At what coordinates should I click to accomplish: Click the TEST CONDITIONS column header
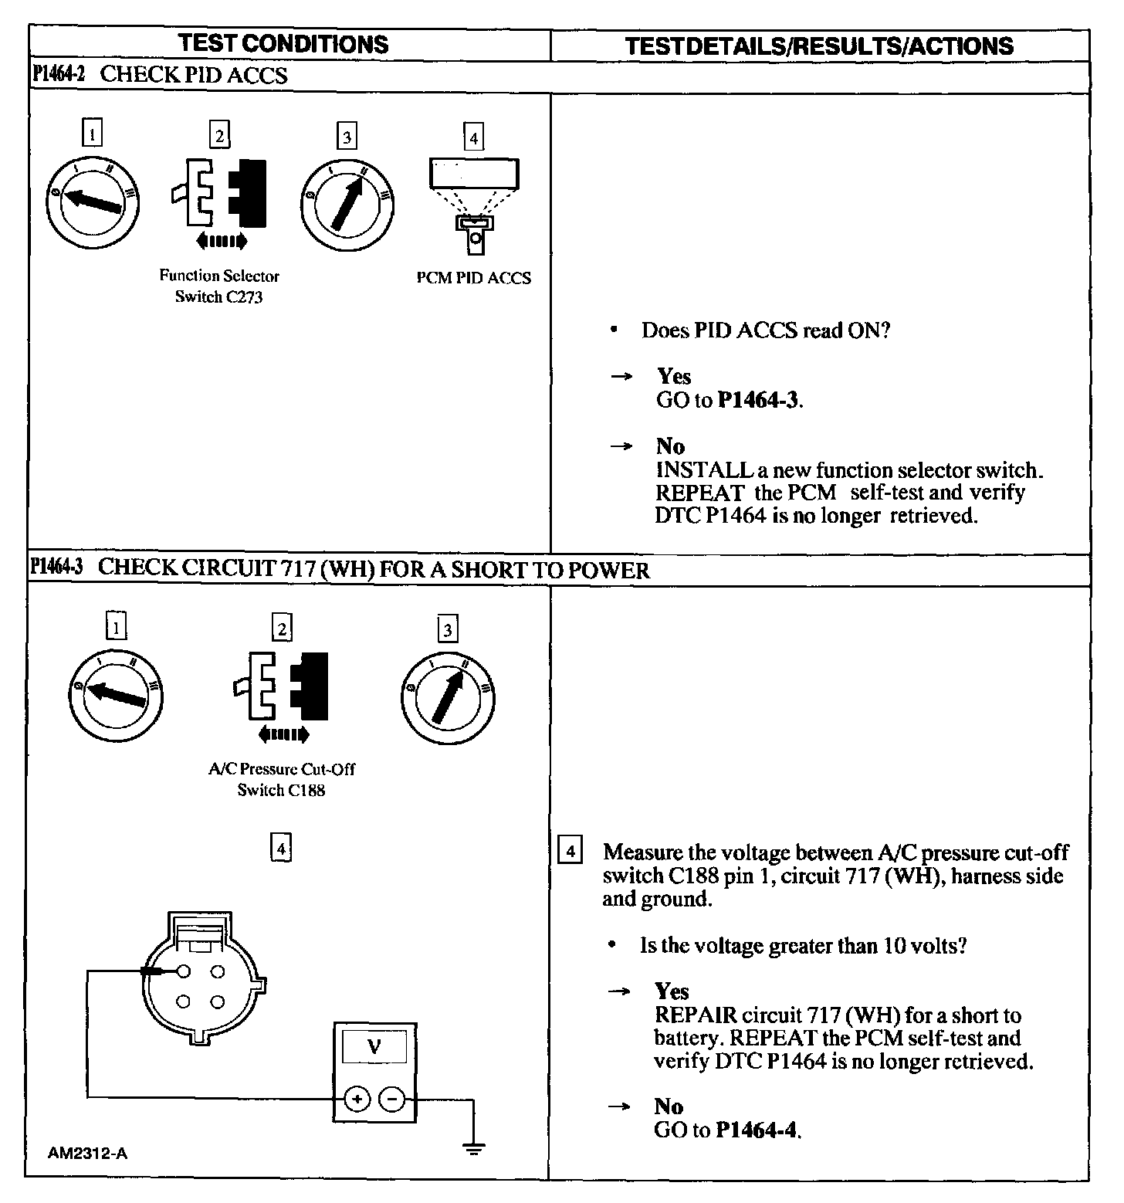pyautogui.click(x=284, y=44)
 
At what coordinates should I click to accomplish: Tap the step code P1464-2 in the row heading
pyautogui.click(x=59, y=75)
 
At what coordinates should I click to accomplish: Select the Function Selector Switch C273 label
pyautogui.click(x=219, y=286)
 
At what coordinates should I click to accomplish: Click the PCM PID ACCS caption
pyautogui.click(x=474, y=279)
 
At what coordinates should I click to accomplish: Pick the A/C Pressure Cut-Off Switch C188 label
pyautogui.click(x=282, y=779)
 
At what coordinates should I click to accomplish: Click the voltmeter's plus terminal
pyautogui.click(x=357, y=1099)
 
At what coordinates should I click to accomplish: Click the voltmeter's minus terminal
pyautogui.click(x=392, y=1099)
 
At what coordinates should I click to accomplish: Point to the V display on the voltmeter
pyautogui.click(x=374, y=1047)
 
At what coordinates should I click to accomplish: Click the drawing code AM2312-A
pyautogui.click(x=87, y=1154)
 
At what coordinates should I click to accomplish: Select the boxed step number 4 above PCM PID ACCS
pyautogui.click(x=473, y=138)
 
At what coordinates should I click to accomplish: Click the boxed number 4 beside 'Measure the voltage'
pyautogui.click(x=570, y=852)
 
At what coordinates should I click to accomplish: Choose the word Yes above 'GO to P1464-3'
pyautogui.click(x=674, y=377)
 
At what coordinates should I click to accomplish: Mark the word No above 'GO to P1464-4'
pyautogui.click(x=669, y=1106)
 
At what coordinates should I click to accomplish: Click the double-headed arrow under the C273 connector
pyautogui.click(x=222, y=242)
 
